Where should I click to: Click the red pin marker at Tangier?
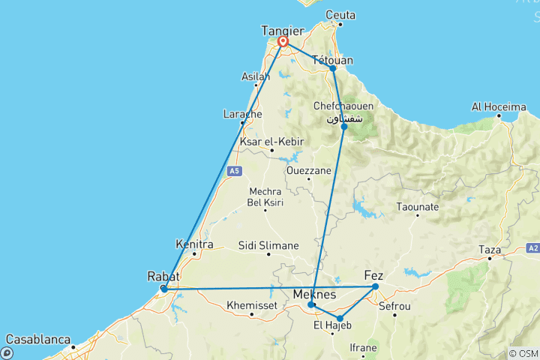tap(283, 42)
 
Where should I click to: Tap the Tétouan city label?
tap(332, 59)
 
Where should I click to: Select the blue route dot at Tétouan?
tap(333, 68)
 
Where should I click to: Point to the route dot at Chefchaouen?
tap(344, 127)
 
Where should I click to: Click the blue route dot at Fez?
tap(376, 286)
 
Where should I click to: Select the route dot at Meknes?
tap(310, 305)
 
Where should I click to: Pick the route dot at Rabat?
tap(164, 289)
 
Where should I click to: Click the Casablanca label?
tap(37, 339)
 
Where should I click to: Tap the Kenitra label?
tap(194, 244)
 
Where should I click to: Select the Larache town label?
tap(242, 114)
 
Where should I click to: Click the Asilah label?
tap(256, 76)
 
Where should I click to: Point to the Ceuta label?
tap(340, 15)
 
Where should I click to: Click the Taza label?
tap(490, 247)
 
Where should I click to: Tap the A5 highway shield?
tap(235, 171)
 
